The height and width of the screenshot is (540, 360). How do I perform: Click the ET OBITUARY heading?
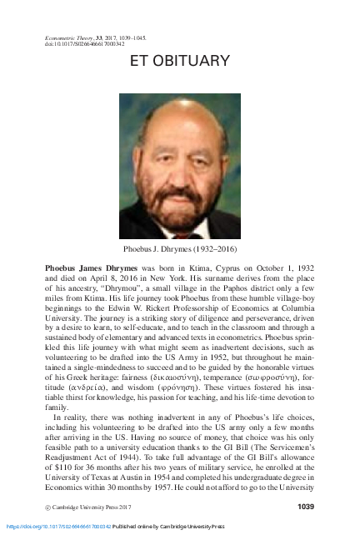coord(180,62)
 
